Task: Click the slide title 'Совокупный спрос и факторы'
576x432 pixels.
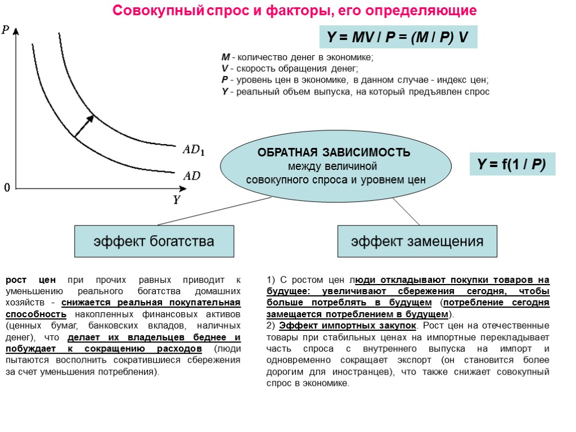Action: click(294, 11)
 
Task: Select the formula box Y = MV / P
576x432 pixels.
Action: click(398, 38)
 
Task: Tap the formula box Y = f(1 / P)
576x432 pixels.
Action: click(512, 165)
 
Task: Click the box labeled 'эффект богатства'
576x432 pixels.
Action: click(154, 241)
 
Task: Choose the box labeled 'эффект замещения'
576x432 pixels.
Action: click(417, 241)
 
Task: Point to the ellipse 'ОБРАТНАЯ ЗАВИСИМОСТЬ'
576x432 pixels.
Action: click(336, 166)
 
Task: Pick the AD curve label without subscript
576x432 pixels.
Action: click(191, 175)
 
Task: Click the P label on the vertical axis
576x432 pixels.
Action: click(6, 30)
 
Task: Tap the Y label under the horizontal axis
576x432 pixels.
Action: click(176, 200)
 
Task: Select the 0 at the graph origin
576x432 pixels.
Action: click(7, 187)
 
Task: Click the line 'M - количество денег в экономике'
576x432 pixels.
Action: click(297, 57)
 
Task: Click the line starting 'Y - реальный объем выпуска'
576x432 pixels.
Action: click(355, 92)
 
